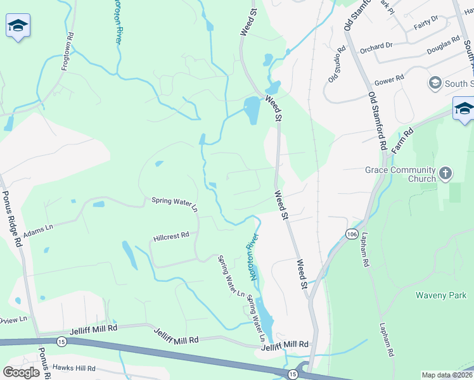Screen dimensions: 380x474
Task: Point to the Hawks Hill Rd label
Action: click(74, 368)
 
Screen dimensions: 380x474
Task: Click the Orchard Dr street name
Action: click(376, 46)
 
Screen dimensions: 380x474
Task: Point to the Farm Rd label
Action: click(403, 139)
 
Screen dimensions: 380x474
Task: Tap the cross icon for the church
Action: click(445, 172)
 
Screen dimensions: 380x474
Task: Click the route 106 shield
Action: click(352, 234)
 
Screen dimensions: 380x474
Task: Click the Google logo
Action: click(21, 372)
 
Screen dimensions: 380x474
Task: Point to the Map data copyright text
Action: click(447, 375)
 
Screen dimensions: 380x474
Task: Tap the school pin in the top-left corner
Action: click(18, 27)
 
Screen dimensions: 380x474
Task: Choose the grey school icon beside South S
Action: click(435, 83)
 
